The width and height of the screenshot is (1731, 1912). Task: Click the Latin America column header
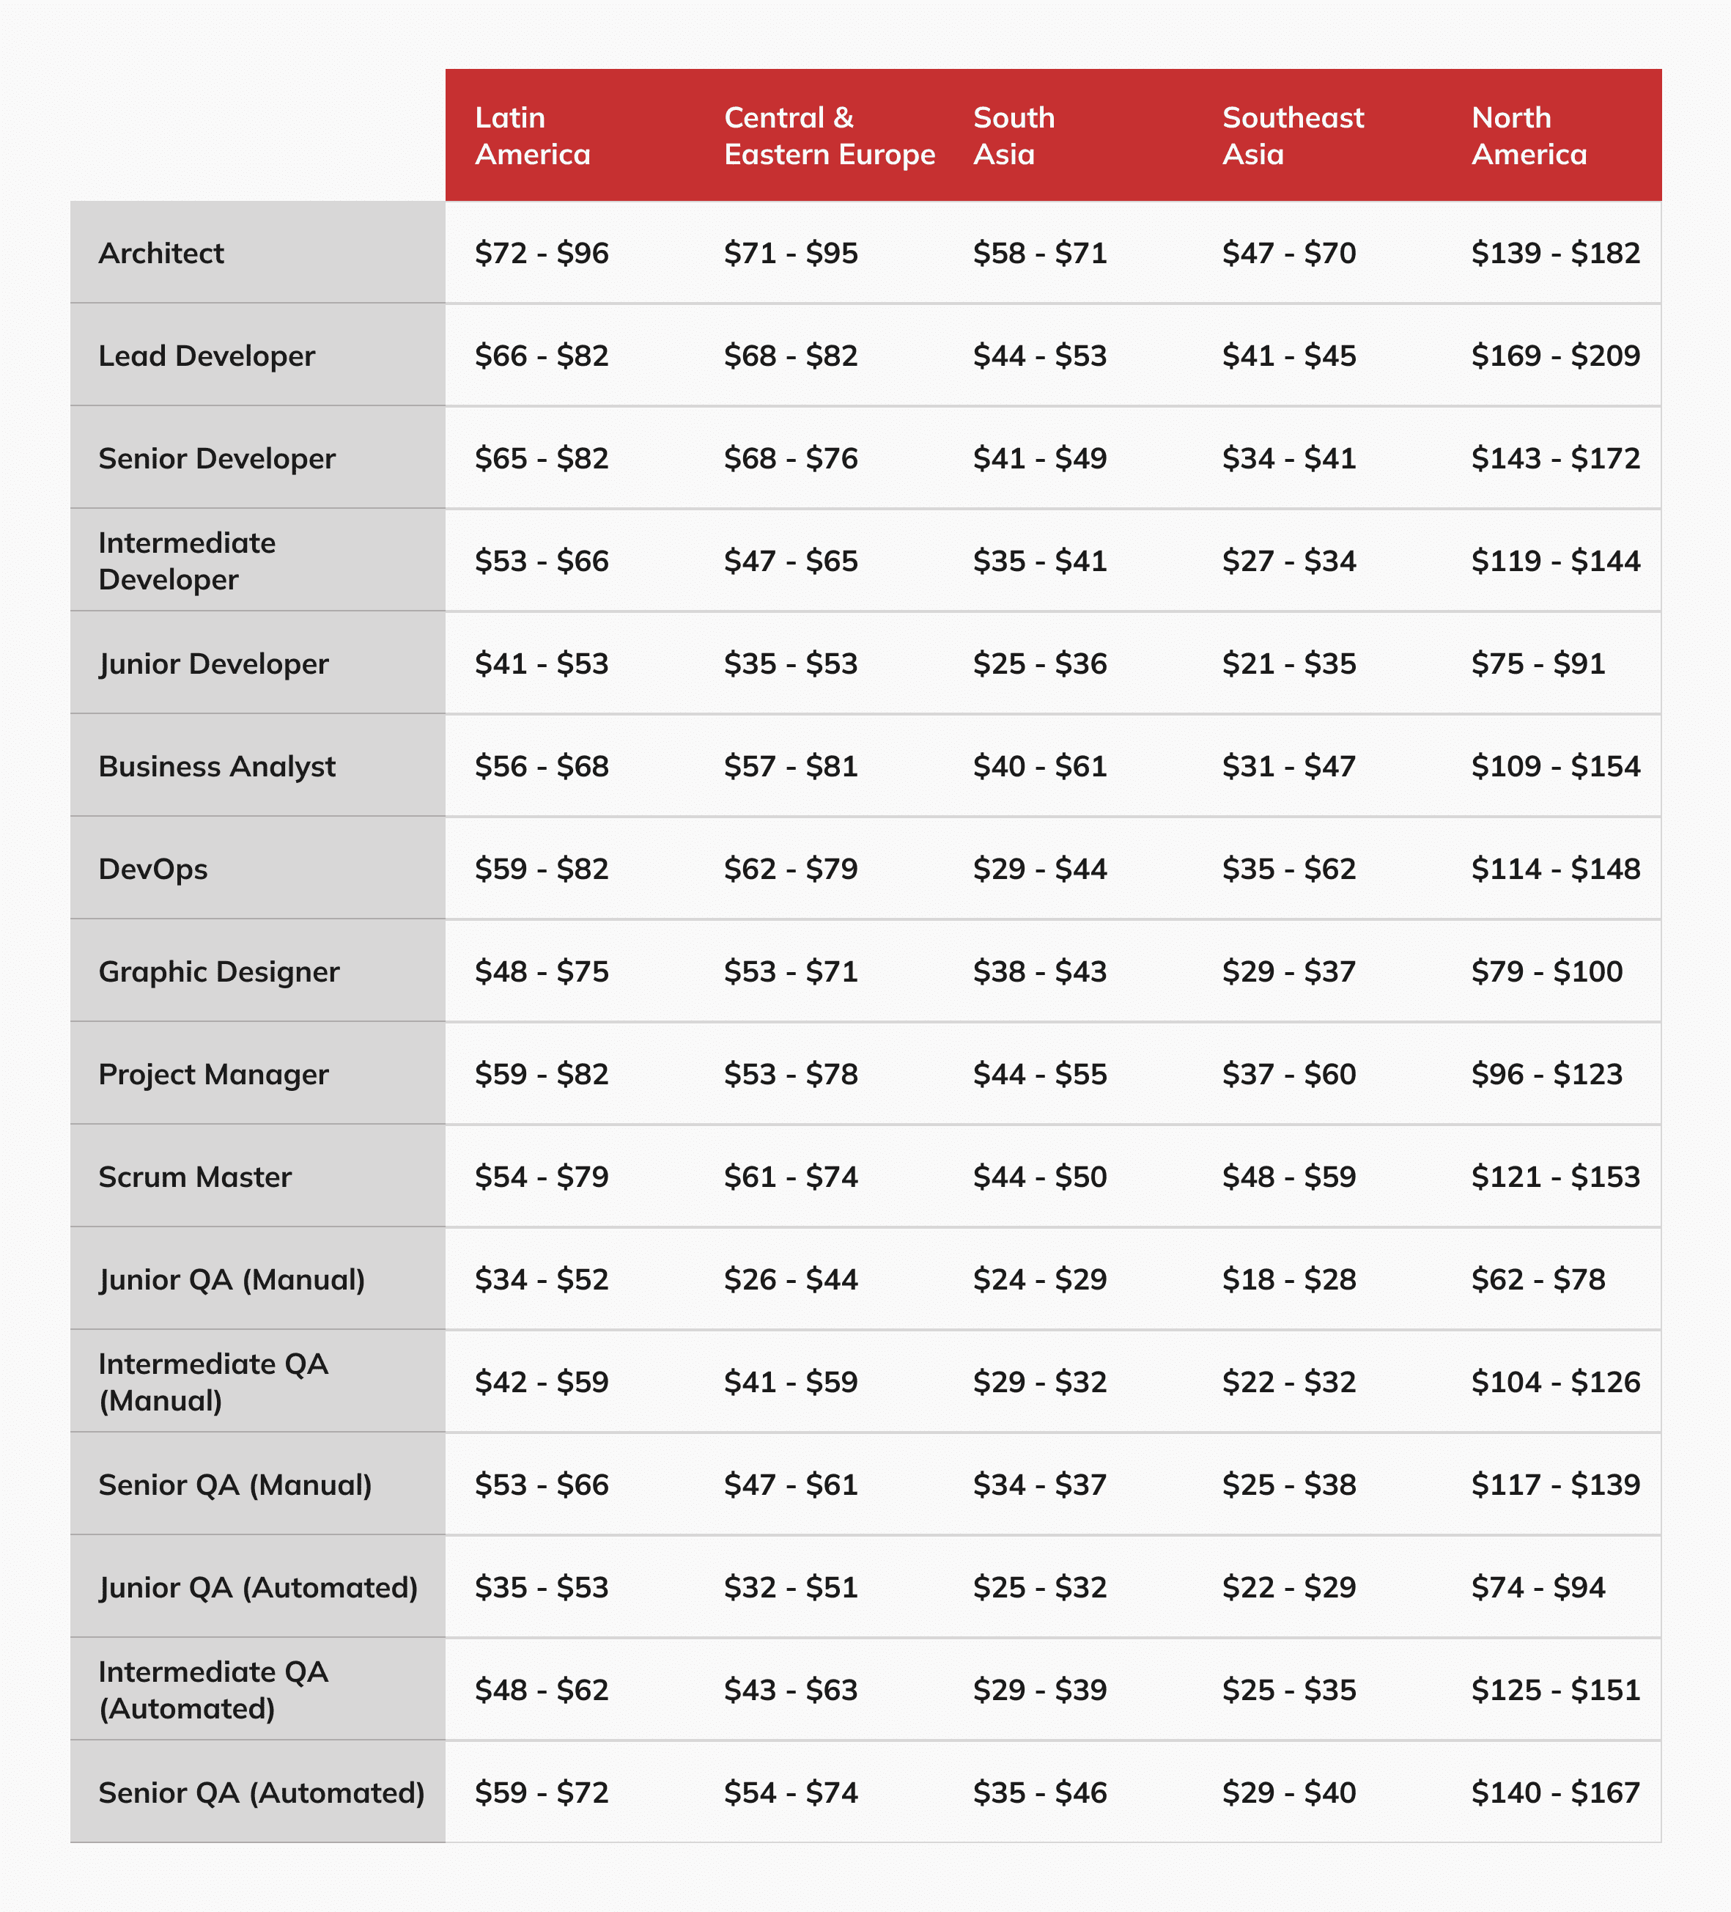pyautogui.click(x=533, y=136)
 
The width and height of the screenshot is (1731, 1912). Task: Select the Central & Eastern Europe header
pyautogui.click(x=829, y=136)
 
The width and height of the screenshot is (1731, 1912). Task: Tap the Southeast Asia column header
pyautogui.click(x=1292, y=136)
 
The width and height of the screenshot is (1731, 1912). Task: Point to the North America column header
pyautogui.click(x=1528, y=136)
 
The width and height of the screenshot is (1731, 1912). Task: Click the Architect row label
pyautogui.click(x=161, y=253)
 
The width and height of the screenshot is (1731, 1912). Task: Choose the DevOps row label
pyautogui.click(x=152, y=869)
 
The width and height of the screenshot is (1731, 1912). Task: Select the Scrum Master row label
pyautogui.click(x=194, y=1177)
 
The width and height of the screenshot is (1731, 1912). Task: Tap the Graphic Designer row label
pyautogui.click(x=218, y=972)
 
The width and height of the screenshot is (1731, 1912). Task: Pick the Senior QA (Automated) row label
pyautogui.click(x=261, y=1792)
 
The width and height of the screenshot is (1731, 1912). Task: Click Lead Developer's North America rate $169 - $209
pyautogui.click(x=1554, y=356)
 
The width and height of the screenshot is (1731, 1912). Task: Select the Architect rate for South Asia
pyautogui.click(x=1039, y=253)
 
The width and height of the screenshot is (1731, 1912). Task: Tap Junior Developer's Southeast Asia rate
pyautogui.click(x=1288, y=664)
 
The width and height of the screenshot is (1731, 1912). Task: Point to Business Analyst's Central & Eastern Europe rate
pyautogui.click(x=791, y=766)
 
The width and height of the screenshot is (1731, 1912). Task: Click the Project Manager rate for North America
pyautogui.click(x=1546, y=1075)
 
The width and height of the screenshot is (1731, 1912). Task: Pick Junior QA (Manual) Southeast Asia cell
pyautogui.click(x=1288, y=1279)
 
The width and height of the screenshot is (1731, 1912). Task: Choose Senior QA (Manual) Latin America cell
pyautogui.click(x=542, y=1485)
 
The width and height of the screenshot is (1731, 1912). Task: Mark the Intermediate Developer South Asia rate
pyautogui.click(x=1039, y=562)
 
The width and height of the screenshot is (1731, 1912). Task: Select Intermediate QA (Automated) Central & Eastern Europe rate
pyautogui.click(x=791, y=1690)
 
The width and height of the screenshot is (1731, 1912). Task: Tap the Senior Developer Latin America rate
pyautogui.click(x=542, y=459)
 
